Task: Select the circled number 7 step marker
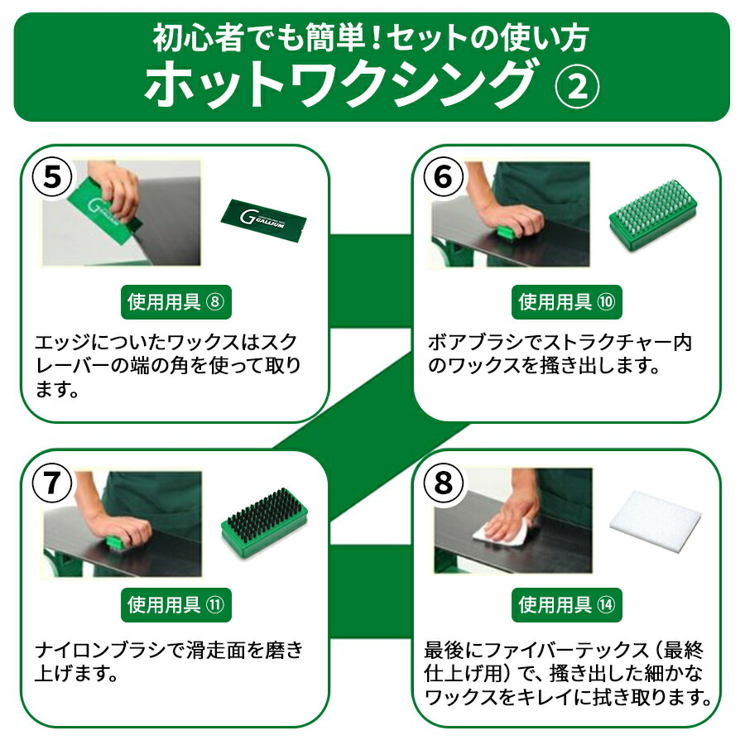(52, 483)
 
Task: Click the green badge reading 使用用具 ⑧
(175, 302)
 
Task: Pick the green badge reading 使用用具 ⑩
(568, 302)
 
